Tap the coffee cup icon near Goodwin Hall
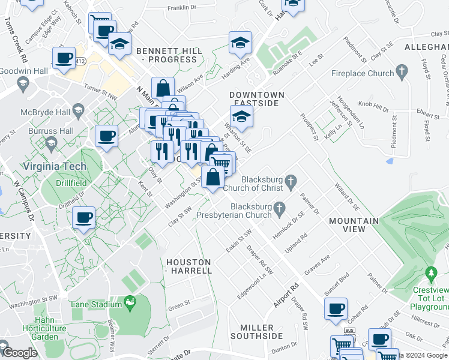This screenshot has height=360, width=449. pyautogui.click(x=64, y=58)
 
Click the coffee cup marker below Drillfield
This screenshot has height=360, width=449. pyautogui.click(x=83, y=217)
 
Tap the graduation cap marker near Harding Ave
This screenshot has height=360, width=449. pyautogui.click(x=240, y=42)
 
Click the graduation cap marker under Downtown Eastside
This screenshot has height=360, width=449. pyautogui.click(x=241, y=116)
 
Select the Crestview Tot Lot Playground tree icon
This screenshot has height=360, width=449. pyautogui.click(x=430, y=275)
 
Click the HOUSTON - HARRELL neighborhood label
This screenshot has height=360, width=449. pyautogui.click(x=188, y=266)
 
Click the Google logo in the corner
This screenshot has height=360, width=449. pyautogui.click(x=19, y=353)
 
